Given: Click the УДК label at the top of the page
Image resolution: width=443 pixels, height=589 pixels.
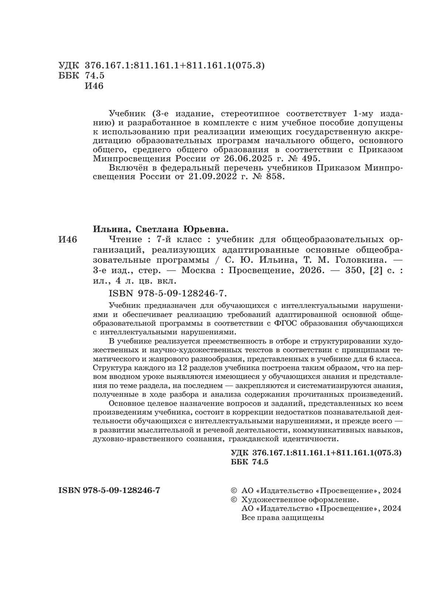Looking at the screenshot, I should tap(69, 65).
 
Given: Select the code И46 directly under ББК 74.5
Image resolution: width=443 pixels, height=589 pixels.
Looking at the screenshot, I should tap(94, 86).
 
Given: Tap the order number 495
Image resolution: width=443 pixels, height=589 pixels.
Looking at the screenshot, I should tap(306, 159).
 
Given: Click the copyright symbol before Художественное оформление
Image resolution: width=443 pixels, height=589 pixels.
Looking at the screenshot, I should tap(233, 500).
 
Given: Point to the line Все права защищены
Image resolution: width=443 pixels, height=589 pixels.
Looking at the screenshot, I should tap(282, 517).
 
